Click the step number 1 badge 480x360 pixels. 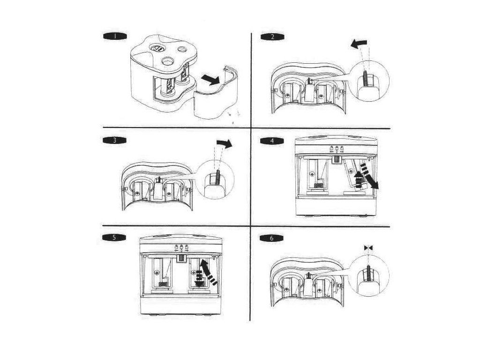click(114, 36)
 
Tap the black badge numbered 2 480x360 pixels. click(272, 37)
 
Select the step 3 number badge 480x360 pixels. click(114, 141)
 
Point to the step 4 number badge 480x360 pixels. click(272, 141)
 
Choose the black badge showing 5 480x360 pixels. click(114, 238)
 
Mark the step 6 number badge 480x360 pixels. click(271, 238)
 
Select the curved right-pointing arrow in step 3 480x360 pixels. click(225, 143)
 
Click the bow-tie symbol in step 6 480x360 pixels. click(368, 248)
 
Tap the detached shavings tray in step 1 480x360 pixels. click(217, 94)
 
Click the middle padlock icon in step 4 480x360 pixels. click(337, 149)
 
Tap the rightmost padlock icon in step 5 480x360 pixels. click(186, 247)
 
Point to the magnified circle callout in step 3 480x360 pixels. click(215, 180)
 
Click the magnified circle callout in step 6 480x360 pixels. click(369, 277)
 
